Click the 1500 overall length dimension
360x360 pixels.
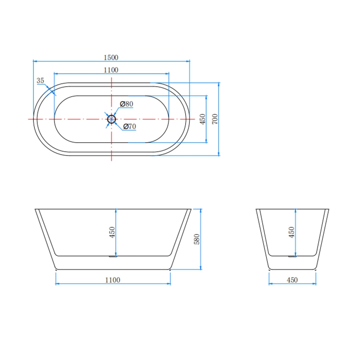[x=111, y=57]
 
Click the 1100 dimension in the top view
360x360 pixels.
[x=111, y=70]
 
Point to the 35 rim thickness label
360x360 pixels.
[x=40, y=81]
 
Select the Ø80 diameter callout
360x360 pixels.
[x=127, y=104]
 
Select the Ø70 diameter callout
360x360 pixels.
[x=129, y=126]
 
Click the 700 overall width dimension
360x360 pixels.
[x=215, y=119]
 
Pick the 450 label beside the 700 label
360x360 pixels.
[x=202, y=119]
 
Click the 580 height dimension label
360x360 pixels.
[x=197, y=239]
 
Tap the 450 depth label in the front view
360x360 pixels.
[x=112, y=232]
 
